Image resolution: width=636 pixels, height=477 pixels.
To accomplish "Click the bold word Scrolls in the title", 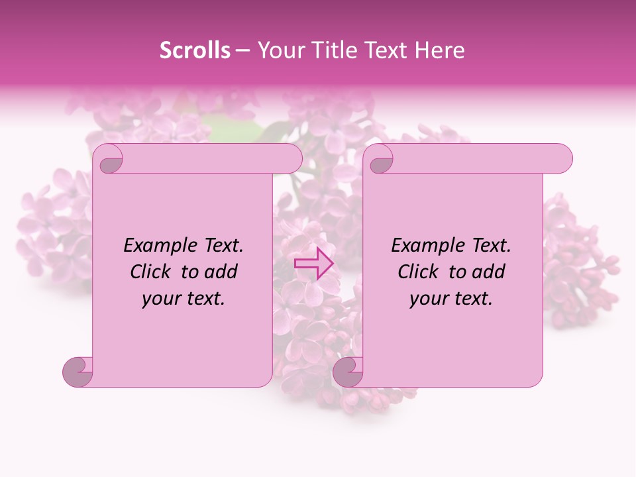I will point(195,50).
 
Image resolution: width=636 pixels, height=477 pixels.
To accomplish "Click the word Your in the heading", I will point(279,50).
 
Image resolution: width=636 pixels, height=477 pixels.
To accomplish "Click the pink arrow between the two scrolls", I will point(313,263).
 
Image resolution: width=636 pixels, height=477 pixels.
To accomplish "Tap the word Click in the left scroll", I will point(152,272).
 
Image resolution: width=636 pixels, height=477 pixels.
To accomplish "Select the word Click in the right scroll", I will point(419,272).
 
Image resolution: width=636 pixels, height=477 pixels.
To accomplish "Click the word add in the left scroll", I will point(221,272).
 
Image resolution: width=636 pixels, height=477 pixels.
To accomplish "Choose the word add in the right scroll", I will point(489,272).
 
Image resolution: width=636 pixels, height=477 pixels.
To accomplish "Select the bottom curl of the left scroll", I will point(78,372).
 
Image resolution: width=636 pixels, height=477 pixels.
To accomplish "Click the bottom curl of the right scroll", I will point(348,372).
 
